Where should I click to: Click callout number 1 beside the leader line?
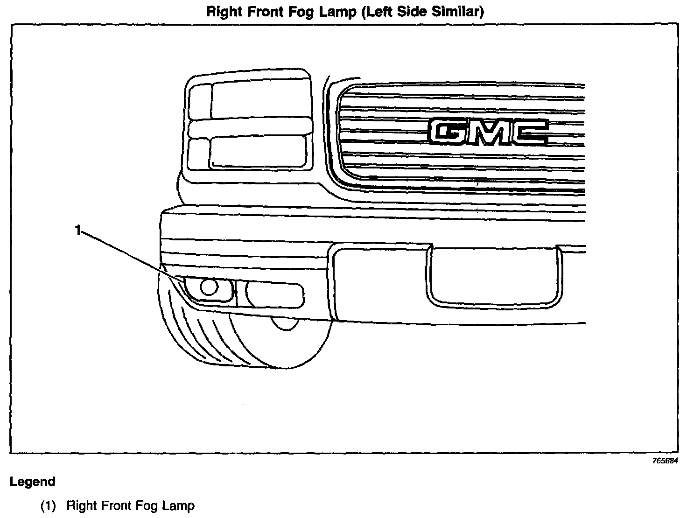[x=78, y=230]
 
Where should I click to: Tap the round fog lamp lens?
[x=208, y=287]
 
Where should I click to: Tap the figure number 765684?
[x=665, y=461]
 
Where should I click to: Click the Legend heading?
[x=33, y=482]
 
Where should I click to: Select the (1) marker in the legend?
[x=48, y=505]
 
